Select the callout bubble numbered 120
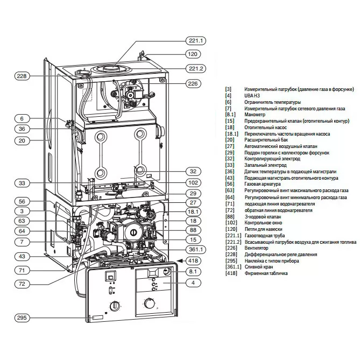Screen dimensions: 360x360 click(x=194, y=54)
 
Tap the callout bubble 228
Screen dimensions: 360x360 click(x=21, y=76)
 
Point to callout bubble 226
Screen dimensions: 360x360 click(x=194, y=83)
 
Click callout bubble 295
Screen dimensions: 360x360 click(x=21, y=317)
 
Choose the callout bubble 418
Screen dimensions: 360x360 click(x=194, y=261)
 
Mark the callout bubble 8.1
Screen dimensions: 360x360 click(x=194, y=272)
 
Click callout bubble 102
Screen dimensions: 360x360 click(x=194, y=182)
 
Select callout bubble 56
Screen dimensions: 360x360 click(x=21, y=201)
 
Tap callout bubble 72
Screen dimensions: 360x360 click(x=21, y=283)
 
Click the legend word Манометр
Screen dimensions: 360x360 click(x=255, y=115)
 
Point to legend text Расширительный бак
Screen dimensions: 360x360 click(x=266, y=140)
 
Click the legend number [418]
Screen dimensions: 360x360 click(x=230, y=273)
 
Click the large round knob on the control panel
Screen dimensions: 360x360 click(x=150, y=305)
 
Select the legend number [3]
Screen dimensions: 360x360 click(x=228, y=89)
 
